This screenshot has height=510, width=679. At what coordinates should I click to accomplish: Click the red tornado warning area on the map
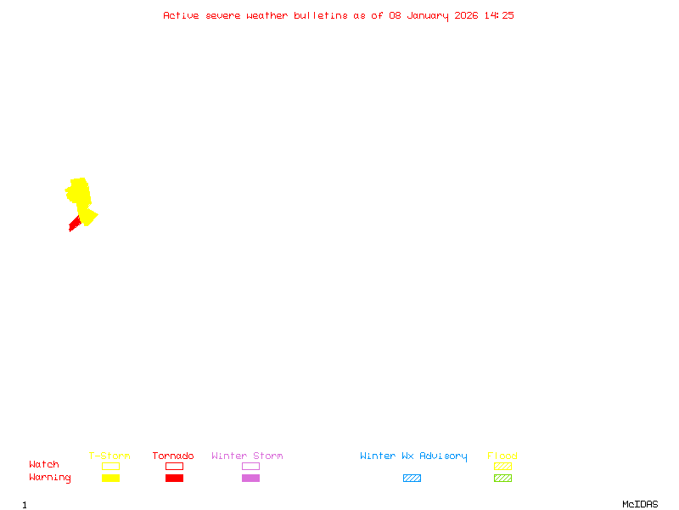75,224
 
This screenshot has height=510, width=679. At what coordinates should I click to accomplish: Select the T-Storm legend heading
109,456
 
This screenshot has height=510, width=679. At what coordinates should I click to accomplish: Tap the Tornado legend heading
173,456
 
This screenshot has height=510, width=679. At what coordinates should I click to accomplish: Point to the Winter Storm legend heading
247,456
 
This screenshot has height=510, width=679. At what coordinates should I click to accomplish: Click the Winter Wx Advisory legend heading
413,456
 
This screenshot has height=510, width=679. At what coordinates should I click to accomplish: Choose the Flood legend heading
502,456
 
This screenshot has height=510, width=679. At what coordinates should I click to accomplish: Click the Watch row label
44,464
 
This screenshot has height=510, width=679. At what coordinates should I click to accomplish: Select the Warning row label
50,478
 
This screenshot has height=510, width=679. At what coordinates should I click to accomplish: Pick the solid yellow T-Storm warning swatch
111,478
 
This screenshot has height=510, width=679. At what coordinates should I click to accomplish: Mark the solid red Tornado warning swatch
175,478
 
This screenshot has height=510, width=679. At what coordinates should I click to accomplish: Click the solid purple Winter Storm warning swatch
250,478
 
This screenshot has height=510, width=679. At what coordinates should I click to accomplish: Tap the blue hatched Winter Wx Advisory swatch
412,478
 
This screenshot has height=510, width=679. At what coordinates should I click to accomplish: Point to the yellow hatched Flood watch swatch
502,466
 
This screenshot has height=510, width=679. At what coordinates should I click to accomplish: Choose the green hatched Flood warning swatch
502,478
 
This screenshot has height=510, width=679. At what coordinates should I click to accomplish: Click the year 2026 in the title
466,15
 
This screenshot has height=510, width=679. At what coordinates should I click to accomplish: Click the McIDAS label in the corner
640,504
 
